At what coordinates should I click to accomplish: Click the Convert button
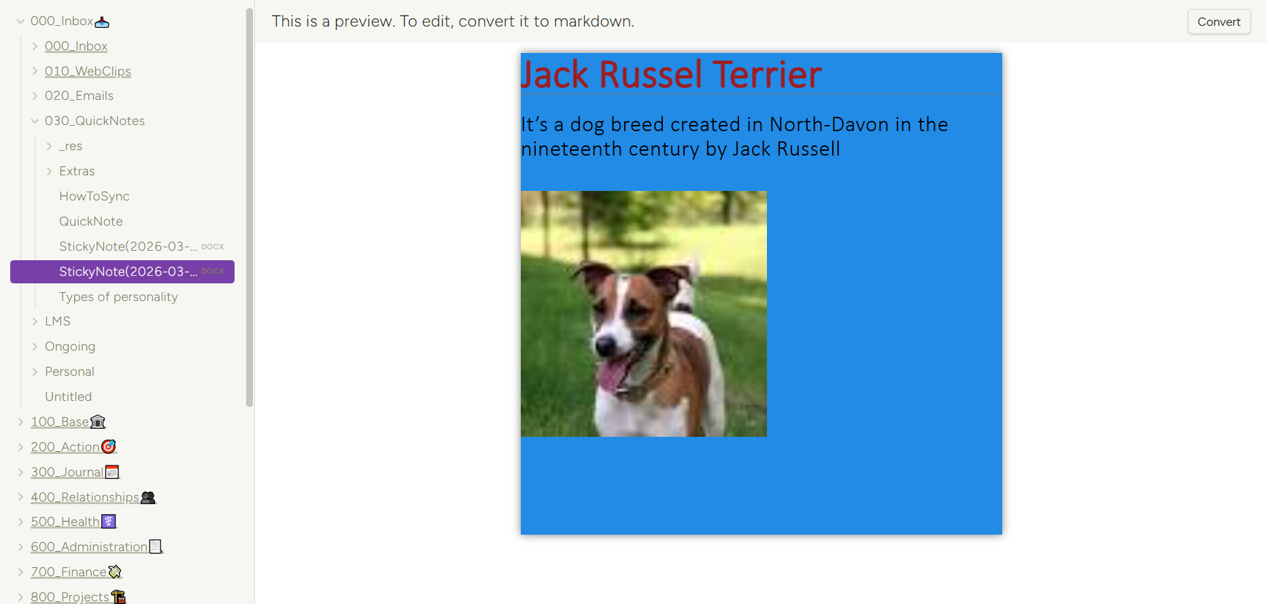pyautogui.click(x=1218, y=22)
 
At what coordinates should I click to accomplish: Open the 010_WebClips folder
pyautogui.click(x=88, y=71)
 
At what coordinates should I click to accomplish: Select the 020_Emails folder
pyautogui.click(x=79, y=96)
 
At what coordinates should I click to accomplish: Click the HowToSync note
pyautogui.click(x=94, y=196)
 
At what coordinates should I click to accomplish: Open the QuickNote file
pyautogui.click(x=90, y=221)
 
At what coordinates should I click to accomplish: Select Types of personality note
pyautogui.click(x=118, y=297)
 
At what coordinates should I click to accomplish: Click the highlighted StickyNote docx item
pyautogui.click(x=122, y=272)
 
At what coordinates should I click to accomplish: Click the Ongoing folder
pyautogui.click(x=70, y=347)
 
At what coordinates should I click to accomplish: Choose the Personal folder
pyautogui.click(x=69, y=372)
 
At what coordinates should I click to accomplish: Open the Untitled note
pyautogui.click(x=68, y=397)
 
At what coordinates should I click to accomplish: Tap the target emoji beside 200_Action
pyautogui.click(x=109, y=446)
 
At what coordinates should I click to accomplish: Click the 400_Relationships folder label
pyautogui.click(x=85, y=497)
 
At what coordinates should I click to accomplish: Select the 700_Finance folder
pyautogui.click(x=69, y=572)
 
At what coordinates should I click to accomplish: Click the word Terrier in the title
pyautogui.click(x=767, y=75)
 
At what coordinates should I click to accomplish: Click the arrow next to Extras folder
pyautogui.click(x=49, y=171)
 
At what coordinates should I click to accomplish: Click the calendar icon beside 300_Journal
pyautogui.click(x=112, y=472)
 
